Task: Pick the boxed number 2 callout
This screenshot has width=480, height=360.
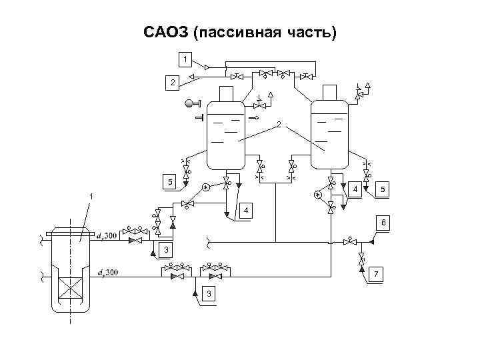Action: [x=172, y=83]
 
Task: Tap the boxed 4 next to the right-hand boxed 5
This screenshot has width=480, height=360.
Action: [x=357, y=189]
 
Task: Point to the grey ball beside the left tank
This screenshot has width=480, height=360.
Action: [x=189, y=103]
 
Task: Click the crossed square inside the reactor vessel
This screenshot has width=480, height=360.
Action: [x=70, y=289]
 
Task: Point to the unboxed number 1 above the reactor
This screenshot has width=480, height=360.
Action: [x=91, y=196]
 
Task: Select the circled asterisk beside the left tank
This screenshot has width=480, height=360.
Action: [x=207, y=187]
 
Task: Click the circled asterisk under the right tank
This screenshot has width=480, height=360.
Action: [x=318, y=195]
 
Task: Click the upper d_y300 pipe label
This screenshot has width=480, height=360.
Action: [x=106, y=236]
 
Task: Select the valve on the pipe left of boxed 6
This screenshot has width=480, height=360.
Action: [x=349, y=241]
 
